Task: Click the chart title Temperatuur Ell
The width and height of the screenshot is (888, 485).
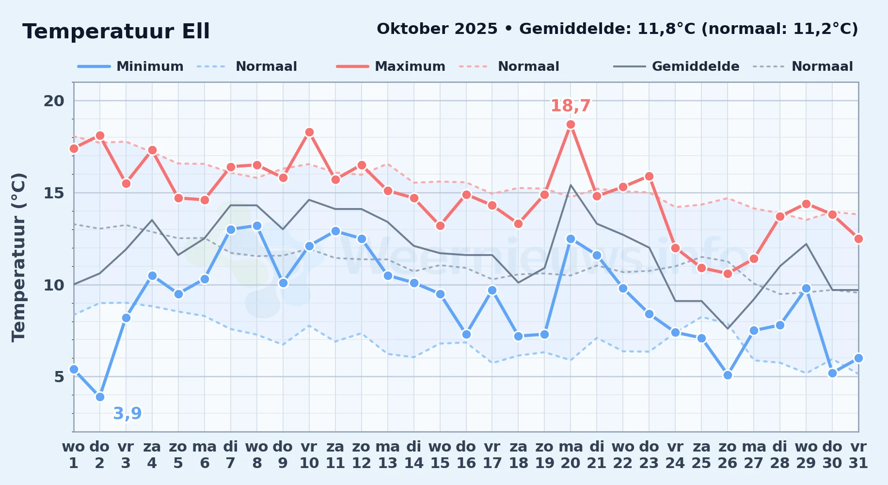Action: pyautogui.click(x=116, y=32)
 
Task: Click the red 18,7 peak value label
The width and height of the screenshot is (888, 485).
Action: pyautogui.click(x=571, y=106)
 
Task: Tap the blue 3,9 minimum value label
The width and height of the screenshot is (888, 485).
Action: pyautogui.click(x=127, y=413)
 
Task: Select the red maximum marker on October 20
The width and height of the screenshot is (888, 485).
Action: pyautogui.click(x=571, y=125)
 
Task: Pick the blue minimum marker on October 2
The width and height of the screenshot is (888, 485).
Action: pyautogui.click(x=100, y=397)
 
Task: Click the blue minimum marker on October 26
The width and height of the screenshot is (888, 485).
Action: pyautogui.click(x=728, y=375)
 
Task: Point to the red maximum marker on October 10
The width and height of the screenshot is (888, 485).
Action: pyautogui.click(x=309, y=132)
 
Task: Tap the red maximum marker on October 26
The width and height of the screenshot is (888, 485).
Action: pyautogui.click(x=728, y=274)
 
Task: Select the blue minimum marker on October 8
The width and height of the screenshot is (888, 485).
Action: pyautogui.click(x=257, y=226)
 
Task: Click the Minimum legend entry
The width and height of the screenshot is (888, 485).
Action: pyautogui.click(x=131, y=66)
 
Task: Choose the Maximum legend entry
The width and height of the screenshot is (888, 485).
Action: pyautogui.click(x=391, y=66)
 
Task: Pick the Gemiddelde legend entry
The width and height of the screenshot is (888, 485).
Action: pyautogui.click(x=677, y=66)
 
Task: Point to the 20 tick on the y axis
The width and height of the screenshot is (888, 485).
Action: pyautogui.click(x=54, y=101)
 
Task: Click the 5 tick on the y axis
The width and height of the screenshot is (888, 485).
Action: pyautogui.click(x=59, y=377)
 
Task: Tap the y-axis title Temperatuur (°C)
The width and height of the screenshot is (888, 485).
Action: pyautogui.click(x=18, y=257)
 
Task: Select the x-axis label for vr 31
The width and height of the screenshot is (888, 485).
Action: pyautogui.click(x=858, y=454)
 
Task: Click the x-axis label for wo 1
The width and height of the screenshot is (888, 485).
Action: pyautogui.click(x=74, y=454)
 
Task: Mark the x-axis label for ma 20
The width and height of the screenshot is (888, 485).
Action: pyautogui.click(x=571, y=454)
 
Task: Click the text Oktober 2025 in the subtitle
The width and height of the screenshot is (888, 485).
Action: pyautogui.click(x=437, y=29)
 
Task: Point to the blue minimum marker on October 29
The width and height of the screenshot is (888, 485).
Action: pyautogui.click(x=806, y=288)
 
